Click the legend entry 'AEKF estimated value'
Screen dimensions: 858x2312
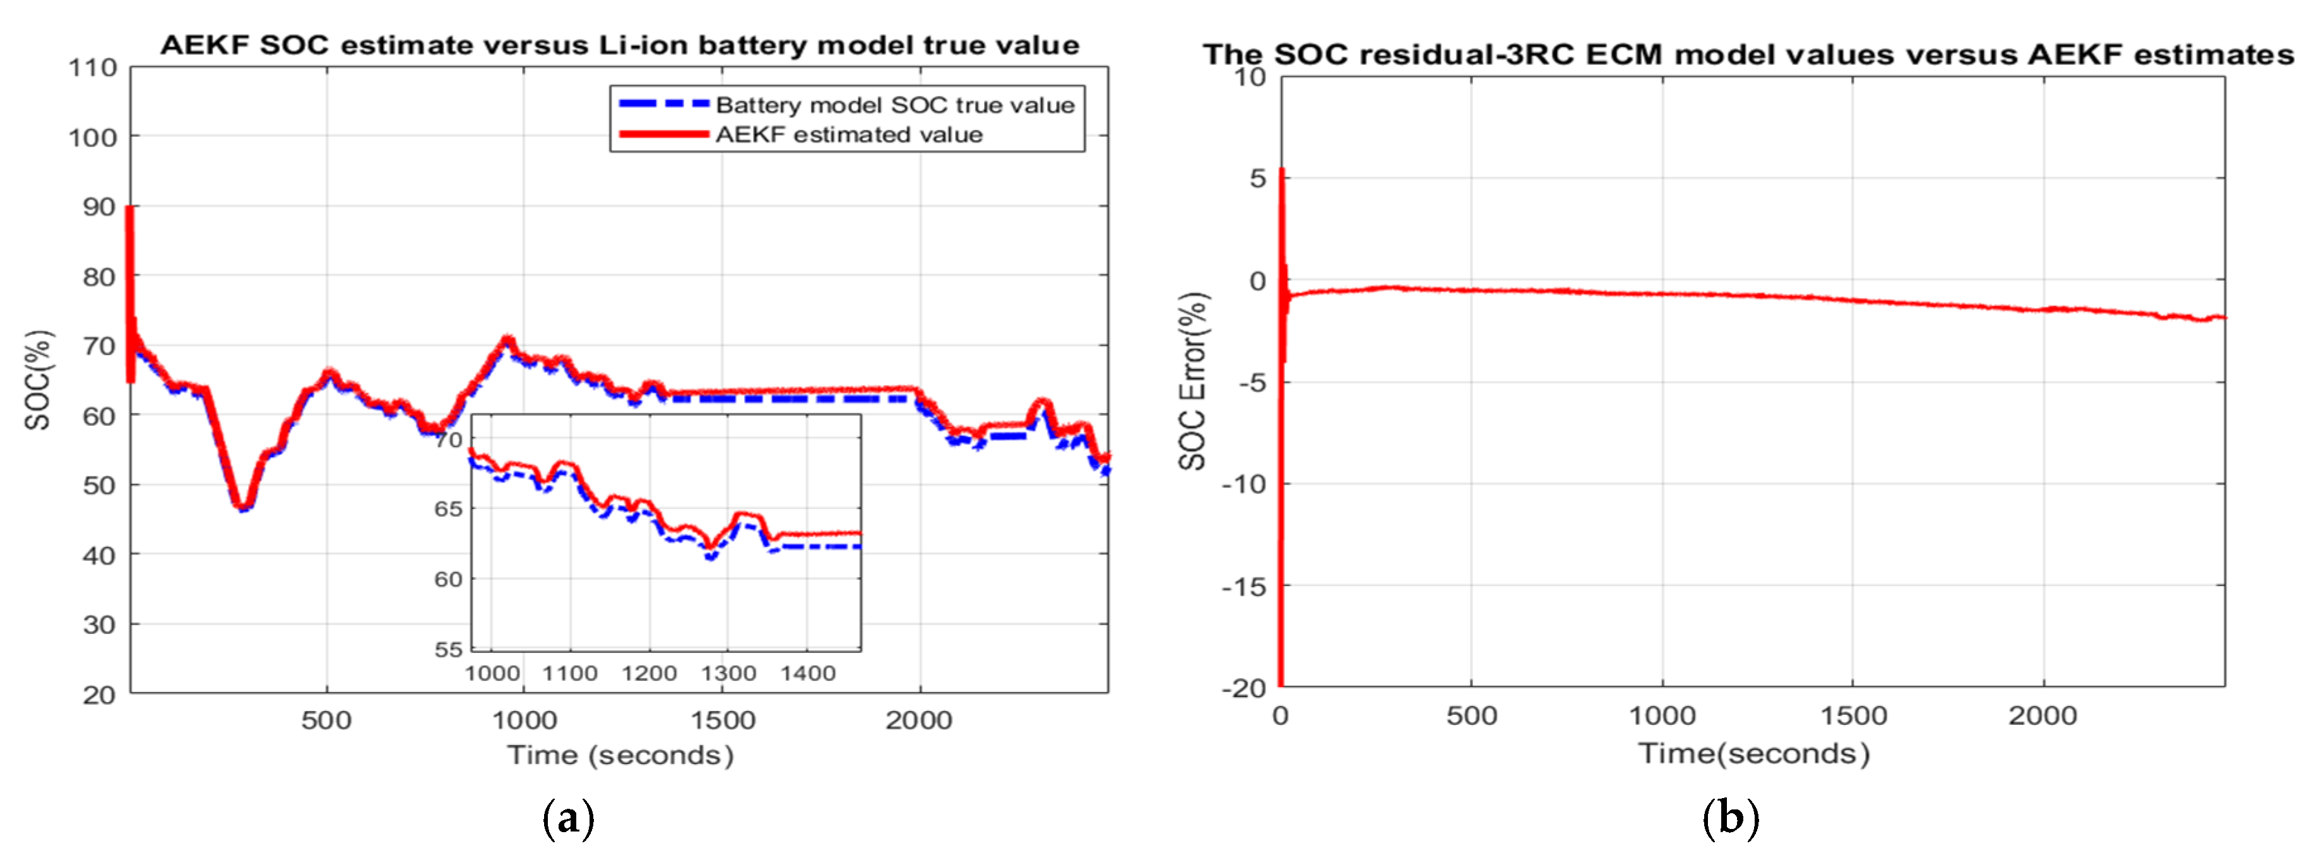point(848,134)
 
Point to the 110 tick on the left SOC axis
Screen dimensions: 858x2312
point(93,68)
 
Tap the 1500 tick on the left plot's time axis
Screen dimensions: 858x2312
point(721,720)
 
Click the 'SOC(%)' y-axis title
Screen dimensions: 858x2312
point(38,380)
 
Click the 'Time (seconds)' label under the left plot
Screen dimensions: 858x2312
point(620,755)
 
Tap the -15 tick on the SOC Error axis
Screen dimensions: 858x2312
point(1243,587)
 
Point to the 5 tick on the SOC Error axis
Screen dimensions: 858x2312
point(1257,179)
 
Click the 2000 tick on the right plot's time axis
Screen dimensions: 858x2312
point(2042,716)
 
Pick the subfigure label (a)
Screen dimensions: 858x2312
point(568,818)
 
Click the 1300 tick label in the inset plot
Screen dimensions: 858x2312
point(728,673)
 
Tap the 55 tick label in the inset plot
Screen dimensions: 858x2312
point(448,649)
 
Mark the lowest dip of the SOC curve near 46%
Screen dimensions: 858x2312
point(242,507)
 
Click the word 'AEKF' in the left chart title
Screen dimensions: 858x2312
point(204,45)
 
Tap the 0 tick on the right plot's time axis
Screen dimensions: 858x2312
point(1281,716)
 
